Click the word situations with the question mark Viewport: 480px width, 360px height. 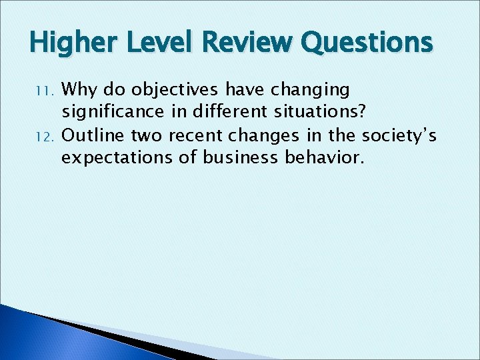point(321,112)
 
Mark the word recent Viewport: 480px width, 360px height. point(196,135)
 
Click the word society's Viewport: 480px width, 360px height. point(399,137)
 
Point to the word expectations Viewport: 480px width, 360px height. point(114,159)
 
